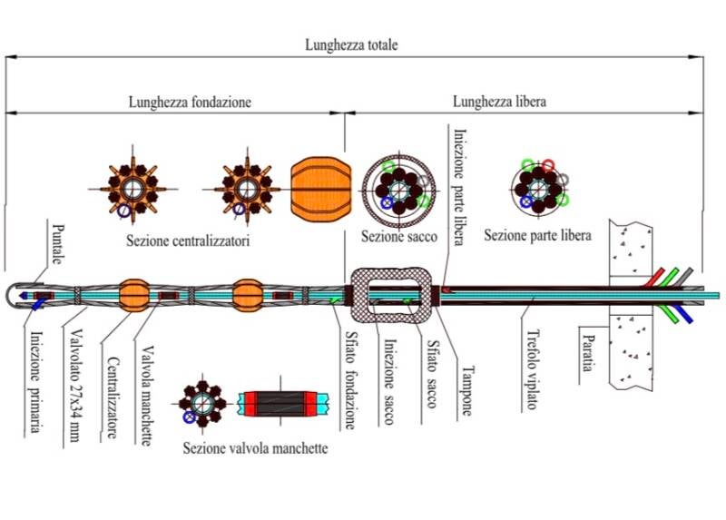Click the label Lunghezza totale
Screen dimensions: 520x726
click(x=351, y=44)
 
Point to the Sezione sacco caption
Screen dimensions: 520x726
click(x=399, y=238)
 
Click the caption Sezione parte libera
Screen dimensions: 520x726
click(x=537, y=236)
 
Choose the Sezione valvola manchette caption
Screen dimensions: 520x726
click(x=255, y=448)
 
